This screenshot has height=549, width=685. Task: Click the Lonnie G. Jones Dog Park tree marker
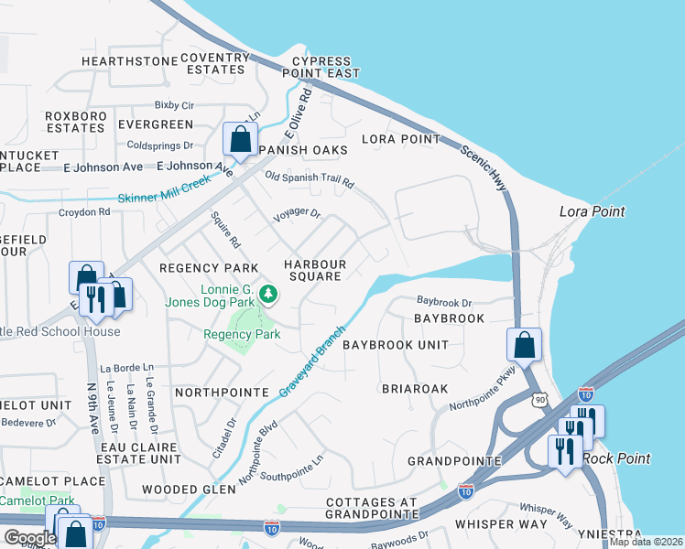click(x=268, y=294)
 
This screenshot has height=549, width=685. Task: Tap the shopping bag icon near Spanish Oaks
click(x=240, y=140)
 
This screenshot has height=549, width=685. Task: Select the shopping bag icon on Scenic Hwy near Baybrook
click(x=524, y=345)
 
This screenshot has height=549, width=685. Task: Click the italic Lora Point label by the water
click(x=592, y=211)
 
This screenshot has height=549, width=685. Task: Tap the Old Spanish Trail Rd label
click(x=309, y=179)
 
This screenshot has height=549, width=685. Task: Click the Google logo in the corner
click(x=29, y=538)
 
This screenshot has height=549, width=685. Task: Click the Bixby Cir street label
click(x=174, y=105)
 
